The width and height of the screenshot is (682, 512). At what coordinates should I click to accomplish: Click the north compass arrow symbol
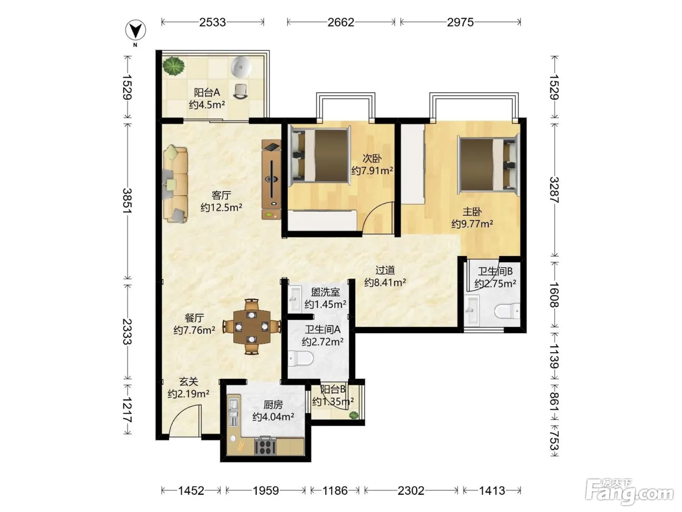click(135, 30)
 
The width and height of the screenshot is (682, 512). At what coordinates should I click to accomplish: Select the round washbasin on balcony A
click(241, 66)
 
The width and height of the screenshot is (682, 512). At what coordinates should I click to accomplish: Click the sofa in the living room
click(175, 184)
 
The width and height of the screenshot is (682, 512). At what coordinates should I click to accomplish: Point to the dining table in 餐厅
click(252, 327)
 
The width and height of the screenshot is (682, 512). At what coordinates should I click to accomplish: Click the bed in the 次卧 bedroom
click(320, 156)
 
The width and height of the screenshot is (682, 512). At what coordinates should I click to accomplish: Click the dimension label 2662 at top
click(341, 22)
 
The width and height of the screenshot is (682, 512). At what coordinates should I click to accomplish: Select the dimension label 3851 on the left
click(127, 200)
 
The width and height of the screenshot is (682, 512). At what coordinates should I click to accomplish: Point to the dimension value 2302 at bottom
click(411, 491)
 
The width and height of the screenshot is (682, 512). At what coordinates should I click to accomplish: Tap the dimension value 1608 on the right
click(554, 295)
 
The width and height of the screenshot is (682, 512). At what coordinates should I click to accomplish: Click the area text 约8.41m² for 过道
click(385, 282)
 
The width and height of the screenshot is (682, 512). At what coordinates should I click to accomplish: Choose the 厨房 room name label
click(273, 404)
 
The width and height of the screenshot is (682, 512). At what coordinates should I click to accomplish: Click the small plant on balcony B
click(353, 414)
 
